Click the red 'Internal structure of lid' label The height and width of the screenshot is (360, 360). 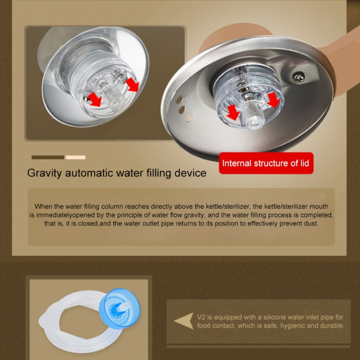pos(265,163)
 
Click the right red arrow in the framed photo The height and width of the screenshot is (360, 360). pos(132,85)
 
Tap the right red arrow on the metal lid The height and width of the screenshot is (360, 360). pos(274,99)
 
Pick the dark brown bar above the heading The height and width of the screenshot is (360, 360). pos(48,157)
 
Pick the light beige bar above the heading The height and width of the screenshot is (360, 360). pos(75,157)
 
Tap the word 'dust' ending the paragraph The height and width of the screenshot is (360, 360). pos(310,224)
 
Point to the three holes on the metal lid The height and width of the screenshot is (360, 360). pos(182,104)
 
